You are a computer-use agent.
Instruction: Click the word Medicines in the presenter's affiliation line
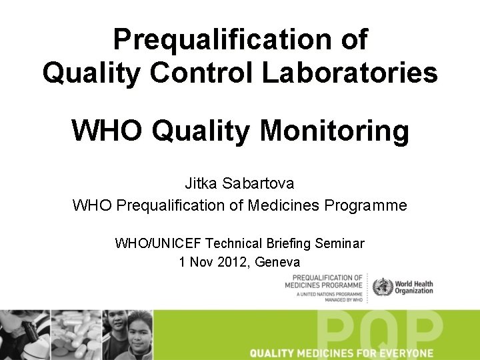tap(284, 205)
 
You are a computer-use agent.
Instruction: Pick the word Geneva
tap(277, 262)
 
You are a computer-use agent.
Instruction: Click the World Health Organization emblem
tap(383, 287)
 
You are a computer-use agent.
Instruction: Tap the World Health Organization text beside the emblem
tap(414, 287)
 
